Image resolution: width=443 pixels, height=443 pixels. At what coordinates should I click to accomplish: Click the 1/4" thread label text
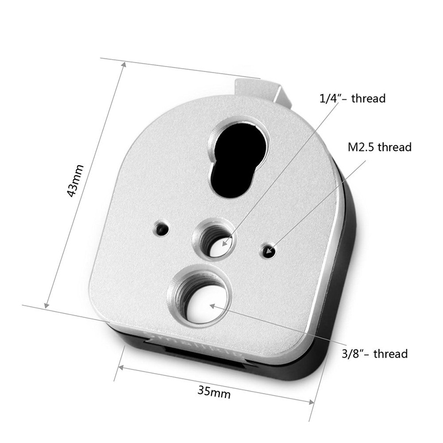[x=352, y=99]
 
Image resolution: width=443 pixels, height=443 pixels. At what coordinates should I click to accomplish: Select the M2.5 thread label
[x=379, y=147]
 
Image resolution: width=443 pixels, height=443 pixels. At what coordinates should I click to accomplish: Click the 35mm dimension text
[x=214, y=392]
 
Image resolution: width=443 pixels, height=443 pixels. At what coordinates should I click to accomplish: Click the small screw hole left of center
[x=161, y=228]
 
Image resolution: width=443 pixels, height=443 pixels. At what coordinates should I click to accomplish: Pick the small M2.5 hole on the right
[x=270, y=252]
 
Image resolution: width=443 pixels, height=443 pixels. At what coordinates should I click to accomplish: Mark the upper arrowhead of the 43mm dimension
[x=124, y=64]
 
